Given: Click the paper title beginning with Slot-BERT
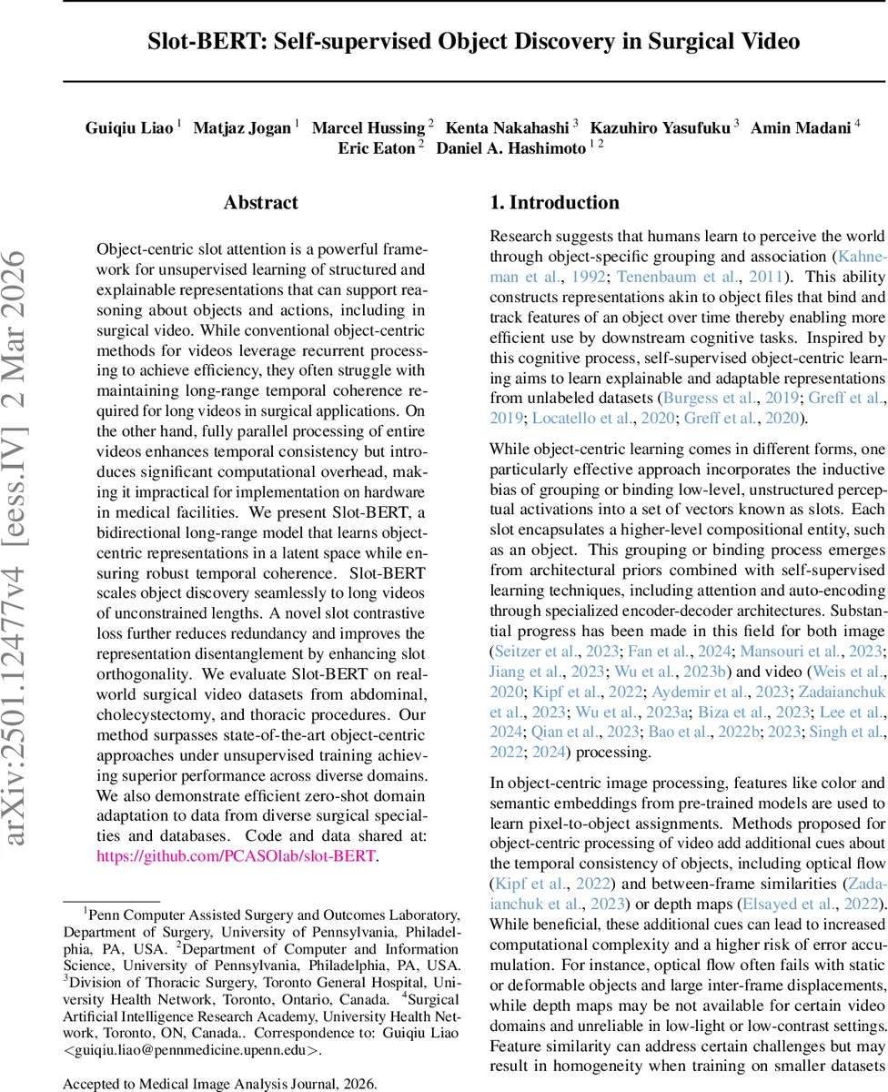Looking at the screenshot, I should (474, 42).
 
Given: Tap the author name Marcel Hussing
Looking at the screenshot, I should (368, 127).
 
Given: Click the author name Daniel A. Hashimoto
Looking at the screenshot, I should (510, 147).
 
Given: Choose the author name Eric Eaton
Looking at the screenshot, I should (376, 147).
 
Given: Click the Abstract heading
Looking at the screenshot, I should (260, 203).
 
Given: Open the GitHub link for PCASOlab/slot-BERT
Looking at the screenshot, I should (236, 856).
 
